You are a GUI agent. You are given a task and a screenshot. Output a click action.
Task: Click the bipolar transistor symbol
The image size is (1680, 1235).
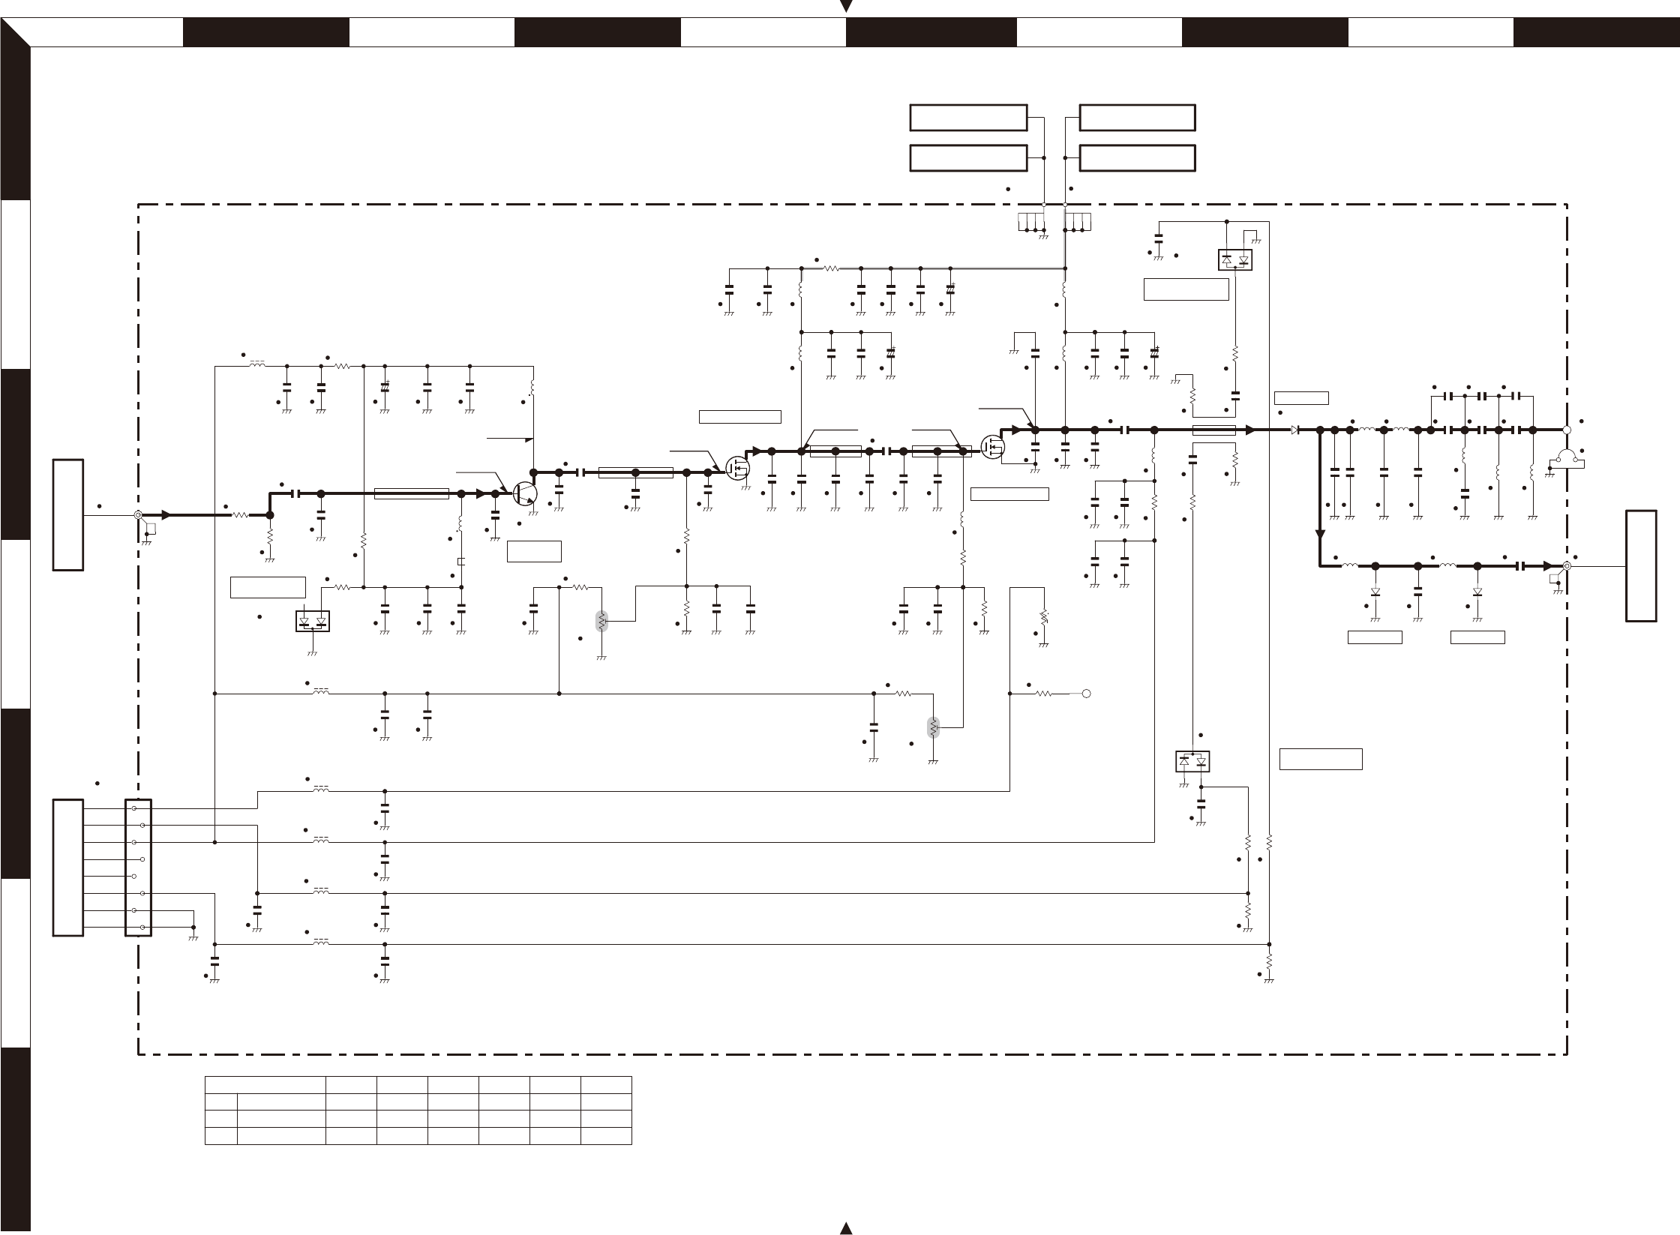point(525,493)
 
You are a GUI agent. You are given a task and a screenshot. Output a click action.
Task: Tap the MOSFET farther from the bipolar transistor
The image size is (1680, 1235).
point(993,447)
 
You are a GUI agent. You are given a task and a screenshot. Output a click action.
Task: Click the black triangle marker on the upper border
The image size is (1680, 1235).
point(847,7)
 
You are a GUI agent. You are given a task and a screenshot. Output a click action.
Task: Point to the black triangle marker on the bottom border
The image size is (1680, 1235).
point(847,1228)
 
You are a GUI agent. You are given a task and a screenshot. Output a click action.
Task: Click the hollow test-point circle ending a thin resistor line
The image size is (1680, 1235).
point(1086,694)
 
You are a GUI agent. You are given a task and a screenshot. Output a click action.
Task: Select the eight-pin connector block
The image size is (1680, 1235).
point(139,868)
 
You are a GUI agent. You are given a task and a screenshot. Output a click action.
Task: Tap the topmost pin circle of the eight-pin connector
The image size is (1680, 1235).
point(134,808)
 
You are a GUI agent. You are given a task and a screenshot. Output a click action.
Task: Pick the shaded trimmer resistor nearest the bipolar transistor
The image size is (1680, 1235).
point(601,622)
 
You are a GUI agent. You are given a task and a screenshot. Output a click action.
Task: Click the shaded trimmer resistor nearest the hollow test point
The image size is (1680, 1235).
point(933,727)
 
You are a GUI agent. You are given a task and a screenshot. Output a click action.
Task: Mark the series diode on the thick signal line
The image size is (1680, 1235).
point(1294,430)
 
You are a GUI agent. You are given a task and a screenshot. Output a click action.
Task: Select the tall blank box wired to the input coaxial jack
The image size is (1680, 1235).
point(67,515)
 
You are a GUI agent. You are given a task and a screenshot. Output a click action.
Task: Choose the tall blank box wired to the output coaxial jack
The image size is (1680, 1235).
point(1641,565)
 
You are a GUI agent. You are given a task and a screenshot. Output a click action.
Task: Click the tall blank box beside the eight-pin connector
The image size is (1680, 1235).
point(67,868)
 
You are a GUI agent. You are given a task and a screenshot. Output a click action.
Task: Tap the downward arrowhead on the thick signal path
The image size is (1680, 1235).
point(1320,535)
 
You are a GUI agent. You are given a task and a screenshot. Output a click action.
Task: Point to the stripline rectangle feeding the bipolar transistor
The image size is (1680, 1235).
point(411,493)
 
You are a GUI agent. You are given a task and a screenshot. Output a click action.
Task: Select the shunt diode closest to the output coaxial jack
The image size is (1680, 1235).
point(1477,592)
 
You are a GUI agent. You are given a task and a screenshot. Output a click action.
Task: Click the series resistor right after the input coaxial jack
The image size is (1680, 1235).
point(241,515)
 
